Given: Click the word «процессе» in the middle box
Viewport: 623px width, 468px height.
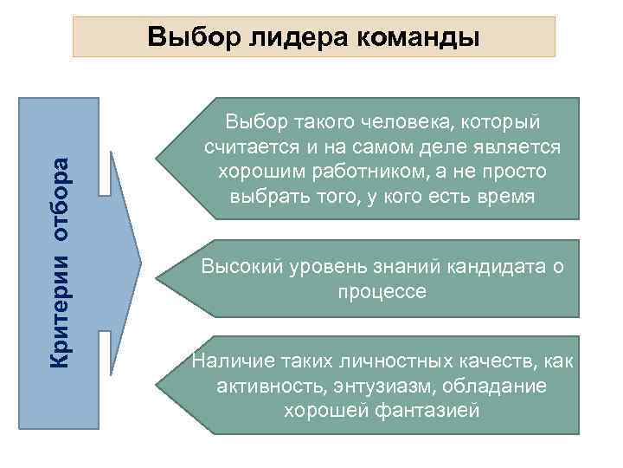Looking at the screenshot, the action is [382, 292].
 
